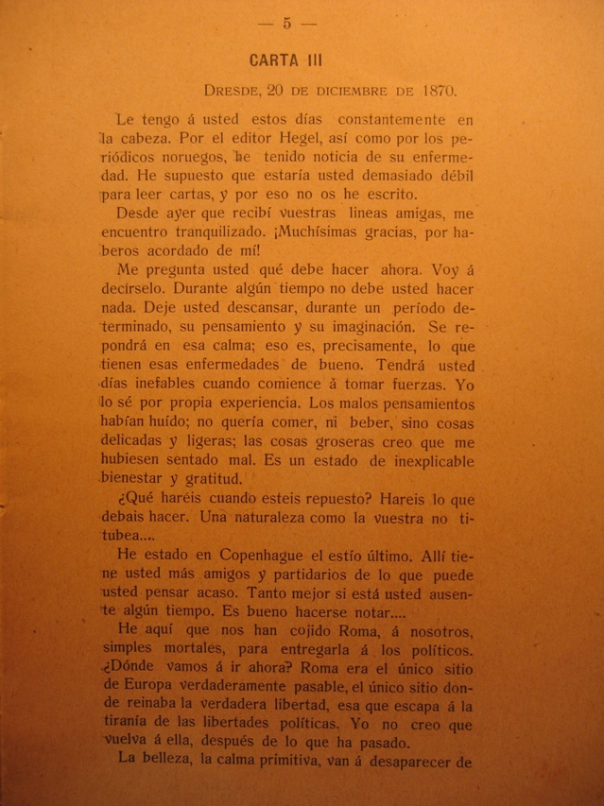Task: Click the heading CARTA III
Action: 286,60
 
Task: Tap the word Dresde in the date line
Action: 231,91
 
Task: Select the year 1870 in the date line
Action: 432,91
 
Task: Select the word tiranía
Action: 130,732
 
